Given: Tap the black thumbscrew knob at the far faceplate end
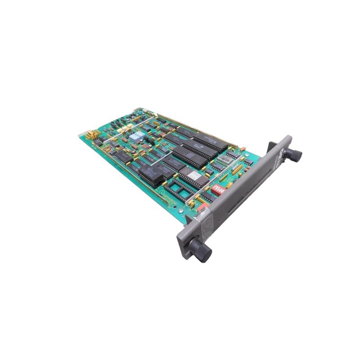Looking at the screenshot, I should [x=295, y=155].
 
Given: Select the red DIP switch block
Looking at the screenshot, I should [x=218, y=189].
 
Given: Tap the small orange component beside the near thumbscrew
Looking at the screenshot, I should [x=202, y=207].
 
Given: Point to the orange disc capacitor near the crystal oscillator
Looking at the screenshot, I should [x=243, y=149].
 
